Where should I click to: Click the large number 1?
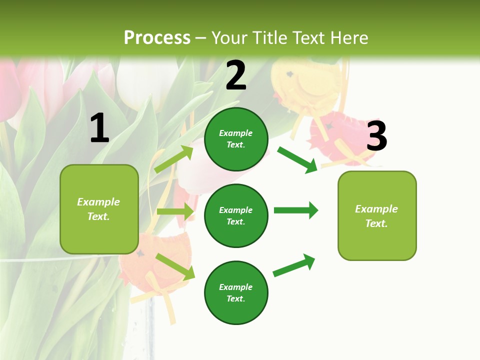pos(99,128)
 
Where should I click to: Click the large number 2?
pos(236,75)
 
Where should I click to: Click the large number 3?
pos(377,136)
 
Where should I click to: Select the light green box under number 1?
pos(99,209)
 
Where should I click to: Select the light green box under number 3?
pos(377,215)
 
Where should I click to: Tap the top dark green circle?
pos(236,139)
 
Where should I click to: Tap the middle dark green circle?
pos(236,215)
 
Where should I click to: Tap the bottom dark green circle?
pos(236,292)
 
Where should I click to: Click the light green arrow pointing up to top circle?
pos(174,159)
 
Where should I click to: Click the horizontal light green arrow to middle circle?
pos(175,211)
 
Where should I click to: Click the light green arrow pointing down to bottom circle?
pos(175,266)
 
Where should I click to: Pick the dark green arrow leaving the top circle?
pos(297,159)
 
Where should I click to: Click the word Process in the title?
pos(157,37)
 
